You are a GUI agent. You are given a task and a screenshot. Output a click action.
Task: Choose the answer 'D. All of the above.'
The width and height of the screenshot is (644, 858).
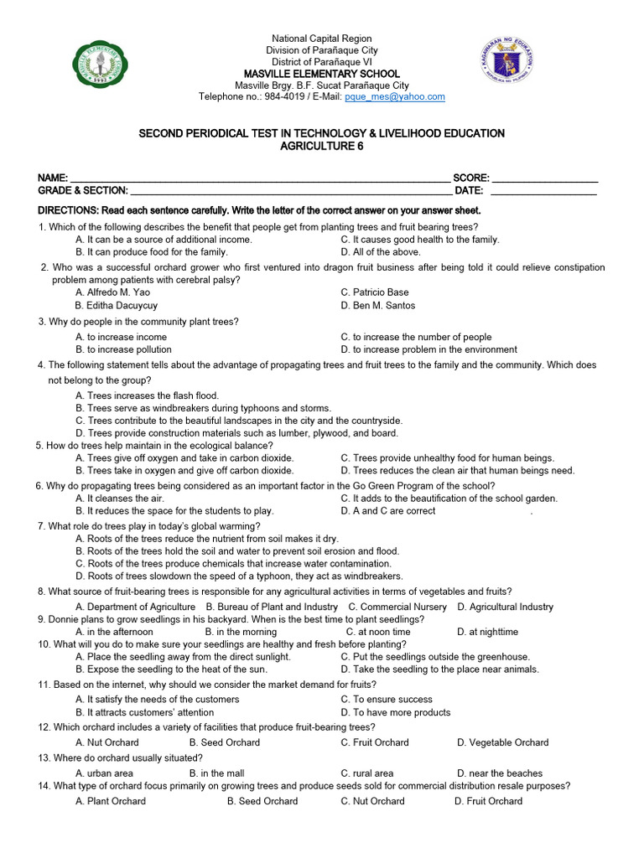(381, 251)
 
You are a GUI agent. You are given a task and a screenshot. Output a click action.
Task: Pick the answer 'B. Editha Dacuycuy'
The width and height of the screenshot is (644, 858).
(117, 306)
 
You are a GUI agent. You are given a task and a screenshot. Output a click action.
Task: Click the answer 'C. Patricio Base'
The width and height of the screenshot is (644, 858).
(375, 292)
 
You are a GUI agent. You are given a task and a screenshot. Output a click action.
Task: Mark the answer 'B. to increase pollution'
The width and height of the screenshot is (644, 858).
(123, 349)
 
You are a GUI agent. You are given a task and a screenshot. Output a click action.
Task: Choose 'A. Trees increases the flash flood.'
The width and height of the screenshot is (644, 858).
(147, 395)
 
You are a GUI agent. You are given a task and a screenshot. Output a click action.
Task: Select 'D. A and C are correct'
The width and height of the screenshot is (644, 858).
(388, 511)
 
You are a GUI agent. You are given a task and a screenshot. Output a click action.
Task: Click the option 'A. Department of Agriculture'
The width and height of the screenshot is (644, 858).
(135, 607)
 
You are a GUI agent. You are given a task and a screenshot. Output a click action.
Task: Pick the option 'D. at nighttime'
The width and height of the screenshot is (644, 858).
(487, 632)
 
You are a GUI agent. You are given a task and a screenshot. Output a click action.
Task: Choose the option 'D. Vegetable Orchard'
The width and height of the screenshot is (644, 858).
(502, 742)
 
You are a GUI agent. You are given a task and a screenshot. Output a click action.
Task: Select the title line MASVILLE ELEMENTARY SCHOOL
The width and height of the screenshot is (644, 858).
(321, 74)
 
